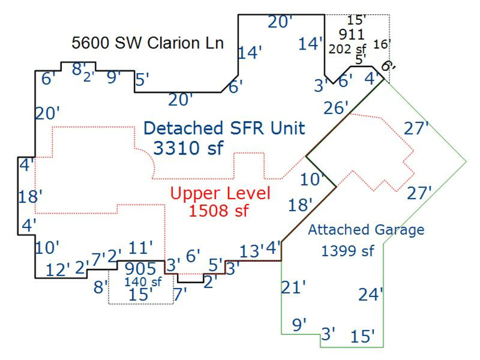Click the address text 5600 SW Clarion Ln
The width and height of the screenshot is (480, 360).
coord(148,43)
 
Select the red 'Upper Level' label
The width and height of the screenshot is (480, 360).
coord(220,193)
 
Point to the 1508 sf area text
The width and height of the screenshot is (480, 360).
coord(219,211)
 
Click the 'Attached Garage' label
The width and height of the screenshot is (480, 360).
coord(366,230)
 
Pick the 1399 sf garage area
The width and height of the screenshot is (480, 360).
coord(348,250)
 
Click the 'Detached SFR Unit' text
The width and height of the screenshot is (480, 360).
coord(225,128)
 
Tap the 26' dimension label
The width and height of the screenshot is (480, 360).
coord(337,108)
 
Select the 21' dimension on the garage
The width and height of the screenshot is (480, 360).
coord(293,287)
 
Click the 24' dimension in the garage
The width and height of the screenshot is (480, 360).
coord(371,294)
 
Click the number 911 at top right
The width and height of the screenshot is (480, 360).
coord(351,35)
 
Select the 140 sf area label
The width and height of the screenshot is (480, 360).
coord(142,281)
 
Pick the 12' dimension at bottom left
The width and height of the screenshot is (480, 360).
coord(58,270)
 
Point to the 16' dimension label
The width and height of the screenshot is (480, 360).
coord(382,44)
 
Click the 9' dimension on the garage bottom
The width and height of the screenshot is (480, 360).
coord(299,323)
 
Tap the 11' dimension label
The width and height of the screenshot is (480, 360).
coord(141,247)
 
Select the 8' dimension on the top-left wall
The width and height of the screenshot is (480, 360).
coord(78,68)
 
